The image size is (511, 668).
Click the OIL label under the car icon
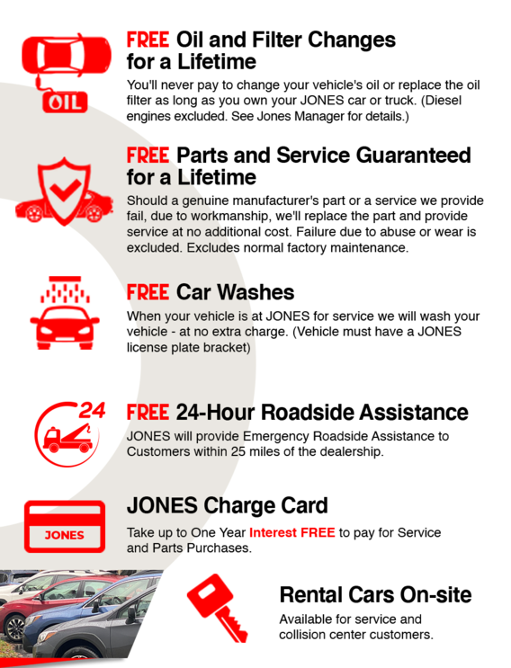[x=65, y=102]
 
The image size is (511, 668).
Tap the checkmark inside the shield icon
[x=65, y=190]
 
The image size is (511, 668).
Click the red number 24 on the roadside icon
[x=92, y=411]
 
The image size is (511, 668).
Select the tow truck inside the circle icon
[x=68, y=439]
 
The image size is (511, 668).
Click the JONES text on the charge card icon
[x=65, y=535]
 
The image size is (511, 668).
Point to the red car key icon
[x=218, y=608]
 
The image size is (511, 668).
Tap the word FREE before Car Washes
[x=148, y=293]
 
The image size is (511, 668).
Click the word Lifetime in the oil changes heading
[x=217, y=62]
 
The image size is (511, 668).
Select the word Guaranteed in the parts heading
[x=414, y=155]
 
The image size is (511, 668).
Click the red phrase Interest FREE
[x=292, y=532]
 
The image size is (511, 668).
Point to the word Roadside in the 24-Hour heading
[x=307, y=413]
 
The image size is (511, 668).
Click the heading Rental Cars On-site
[x=375, y=594]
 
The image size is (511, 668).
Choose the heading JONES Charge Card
[x=227, y=505]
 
